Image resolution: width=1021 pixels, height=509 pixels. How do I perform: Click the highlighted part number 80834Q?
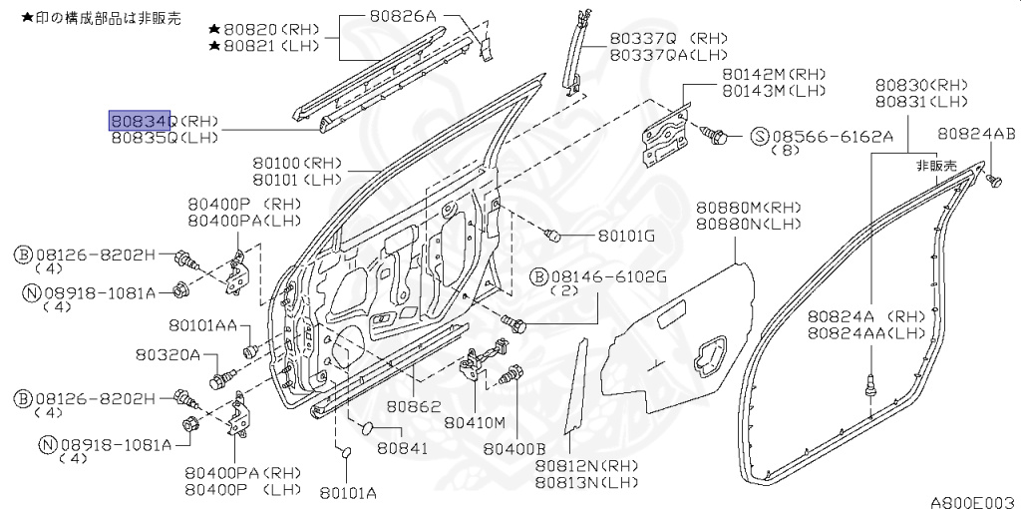pos(140,121)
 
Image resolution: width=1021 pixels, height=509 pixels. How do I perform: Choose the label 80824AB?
pos(976,135)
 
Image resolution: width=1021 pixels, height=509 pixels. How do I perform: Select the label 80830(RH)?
pos(921,86)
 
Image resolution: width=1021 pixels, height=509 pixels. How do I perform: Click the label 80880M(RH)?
pos(748,207)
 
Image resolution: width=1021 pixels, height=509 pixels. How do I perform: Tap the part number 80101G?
pos(626,237)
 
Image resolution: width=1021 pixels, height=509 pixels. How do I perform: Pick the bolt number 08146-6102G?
pos(598,274)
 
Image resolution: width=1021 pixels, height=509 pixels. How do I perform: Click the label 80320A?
pos(169,355)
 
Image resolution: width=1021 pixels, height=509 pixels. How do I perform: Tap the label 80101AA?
pos(201,325)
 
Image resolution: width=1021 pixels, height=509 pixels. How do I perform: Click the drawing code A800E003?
pos(971,501)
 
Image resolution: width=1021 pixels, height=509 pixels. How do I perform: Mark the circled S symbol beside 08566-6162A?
pos(758,136)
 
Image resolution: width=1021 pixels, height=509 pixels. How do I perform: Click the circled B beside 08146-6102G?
pos(537,274)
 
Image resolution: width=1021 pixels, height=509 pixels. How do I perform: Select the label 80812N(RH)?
pos(585,466)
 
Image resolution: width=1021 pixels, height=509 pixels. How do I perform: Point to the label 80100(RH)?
pos(296,163)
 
